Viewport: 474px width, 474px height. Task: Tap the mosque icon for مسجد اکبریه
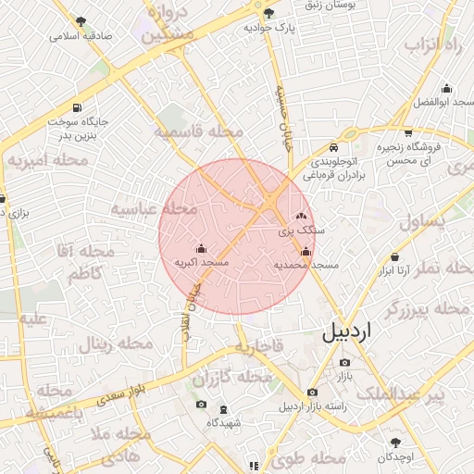pos(202,248)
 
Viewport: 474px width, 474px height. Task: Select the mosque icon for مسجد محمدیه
pos(306,250)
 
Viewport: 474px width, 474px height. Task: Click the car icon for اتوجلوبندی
pos(333,146)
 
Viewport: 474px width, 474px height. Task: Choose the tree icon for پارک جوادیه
pos(269,13)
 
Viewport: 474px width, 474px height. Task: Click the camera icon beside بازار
pos(344,362)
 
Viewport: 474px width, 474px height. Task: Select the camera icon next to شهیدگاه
pos(201,405)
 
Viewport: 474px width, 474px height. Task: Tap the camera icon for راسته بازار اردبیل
pos(312,391)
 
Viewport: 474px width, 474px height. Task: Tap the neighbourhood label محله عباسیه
pos(155,209)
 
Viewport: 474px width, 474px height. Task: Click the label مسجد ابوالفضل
pos(443,101)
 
